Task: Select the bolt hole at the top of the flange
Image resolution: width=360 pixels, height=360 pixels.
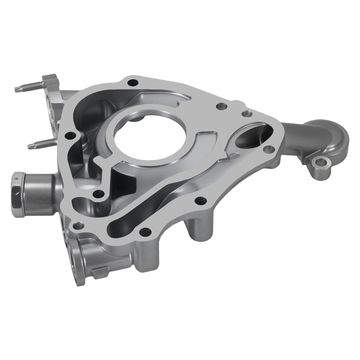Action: coord(134,82)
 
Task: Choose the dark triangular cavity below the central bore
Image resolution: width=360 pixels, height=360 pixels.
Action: coord(124,184)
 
